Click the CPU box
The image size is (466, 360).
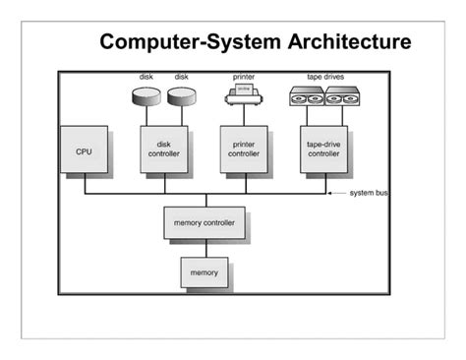(x=84, y=151)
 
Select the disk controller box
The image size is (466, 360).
(x=157, y=150)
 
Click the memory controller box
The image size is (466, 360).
(x=204, y=223)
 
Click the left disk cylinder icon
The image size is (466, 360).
(x=146, y=97)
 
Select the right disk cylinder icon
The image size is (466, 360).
(x=181, y=97)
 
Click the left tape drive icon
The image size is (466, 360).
(x=305, y=97)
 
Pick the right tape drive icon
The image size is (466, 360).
(x=344, y=97)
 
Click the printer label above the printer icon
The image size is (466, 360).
(x=243, y=77)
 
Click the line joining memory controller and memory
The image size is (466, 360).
(x=204, y=248)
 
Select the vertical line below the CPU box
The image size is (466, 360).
(x=85, y=184)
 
